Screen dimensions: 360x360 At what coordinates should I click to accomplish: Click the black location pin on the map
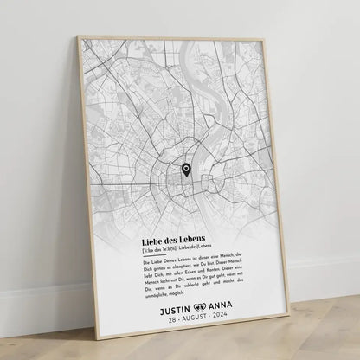click(185, 170)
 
